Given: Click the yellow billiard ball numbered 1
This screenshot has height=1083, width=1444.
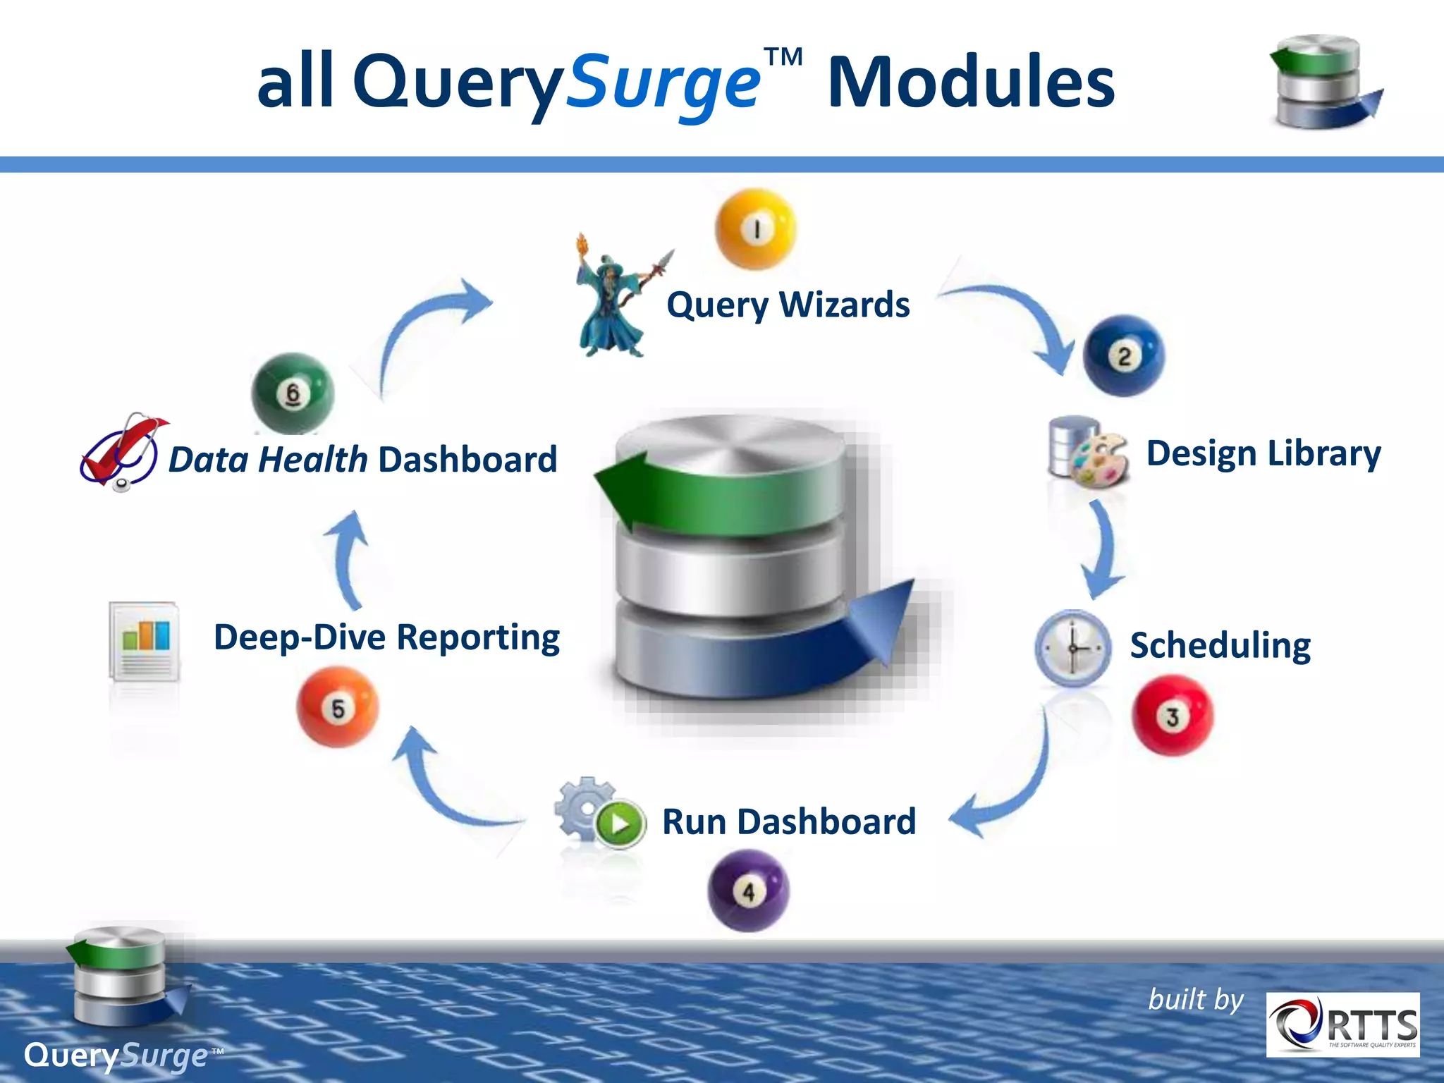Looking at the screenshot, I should coord(755,229).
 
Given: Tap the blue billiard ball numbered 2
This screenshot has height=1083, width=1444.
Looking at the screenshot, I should coord(1123,356).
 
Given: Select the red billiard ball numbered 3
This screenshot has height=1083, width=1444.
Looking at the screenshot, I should coord(1173,716).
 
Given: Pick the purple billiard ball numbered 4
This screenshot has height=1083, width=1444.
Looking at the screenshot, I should coord(748,891).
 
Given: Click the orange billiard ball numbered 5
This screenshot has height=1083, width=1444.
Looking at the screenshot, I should coord(338,707).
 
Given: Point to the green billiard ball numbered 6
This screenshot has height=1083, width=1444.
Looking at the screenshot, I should coord(293,393).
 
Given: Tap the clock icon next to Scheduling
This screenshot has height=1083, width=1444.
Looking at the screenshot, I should coord(1072,648).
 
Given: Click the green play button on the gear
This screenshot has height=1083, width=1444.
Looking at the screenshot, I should coord(620,824).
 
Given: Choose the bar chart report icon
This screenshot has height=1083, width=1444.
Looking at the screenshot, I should coord(145,642).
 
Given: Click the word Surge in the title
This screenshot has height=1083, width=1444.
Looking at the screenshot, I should coord(663,85).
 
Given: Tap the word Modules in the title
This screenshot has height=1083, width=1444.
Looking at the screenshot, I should coord(971,83).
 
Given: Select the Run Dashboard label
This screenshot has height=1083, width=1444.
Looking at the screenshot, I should coord(788,822).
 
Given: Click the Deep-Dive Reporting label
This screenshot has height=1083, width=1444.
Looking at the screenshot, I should coord(386,637).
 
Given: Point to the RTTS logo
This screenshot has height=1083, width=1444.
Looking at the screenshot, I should coord(1342,1024).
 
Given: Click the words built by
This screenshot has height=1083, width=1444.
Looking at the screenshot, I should coord(1196,1000).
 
